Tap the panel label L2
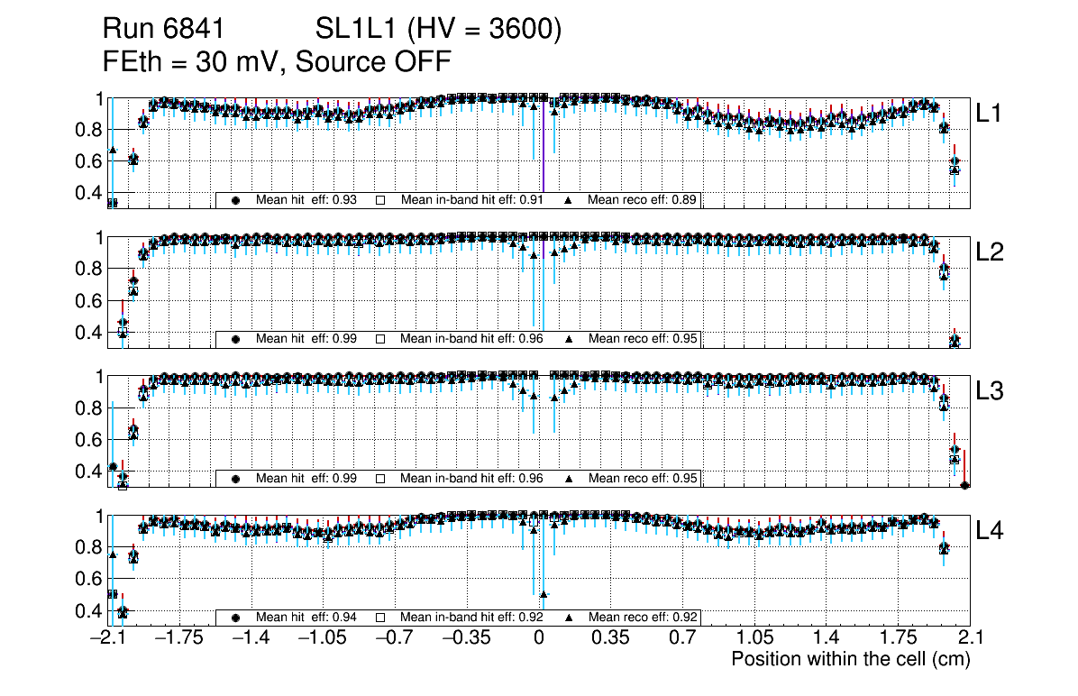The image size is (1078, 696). click(x=991, y=253)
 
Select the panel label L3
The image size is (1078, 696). click(x=991, y=392)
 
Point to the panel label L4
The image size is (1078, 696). click(x=991, y=532)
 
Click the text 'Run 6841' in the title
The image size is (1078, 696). click(x=162, y=30)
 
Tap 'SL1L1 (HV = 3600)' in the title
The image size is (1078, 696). click(x=439, y=30)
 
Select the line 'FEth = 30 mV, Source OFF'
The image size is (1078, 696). click(x=276, y=61)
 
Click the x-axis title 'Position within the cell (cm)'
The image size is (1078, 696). click(x=850, y=659)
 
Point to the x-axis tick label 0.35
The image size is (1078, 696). click(x=609, y=638)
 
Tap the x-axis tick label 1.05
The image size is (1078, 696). click(x=753, y=638)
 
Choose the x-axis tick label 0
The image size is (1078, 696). click(x=538, y=638)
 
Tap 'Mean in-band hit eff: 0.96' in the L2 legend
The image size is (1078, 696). click(x=471, y=339)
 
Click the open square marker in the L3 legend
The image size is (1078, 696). click(x=380, y=479)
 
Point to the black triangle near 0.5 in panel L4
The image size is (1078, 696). click(x=544, y=593)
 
